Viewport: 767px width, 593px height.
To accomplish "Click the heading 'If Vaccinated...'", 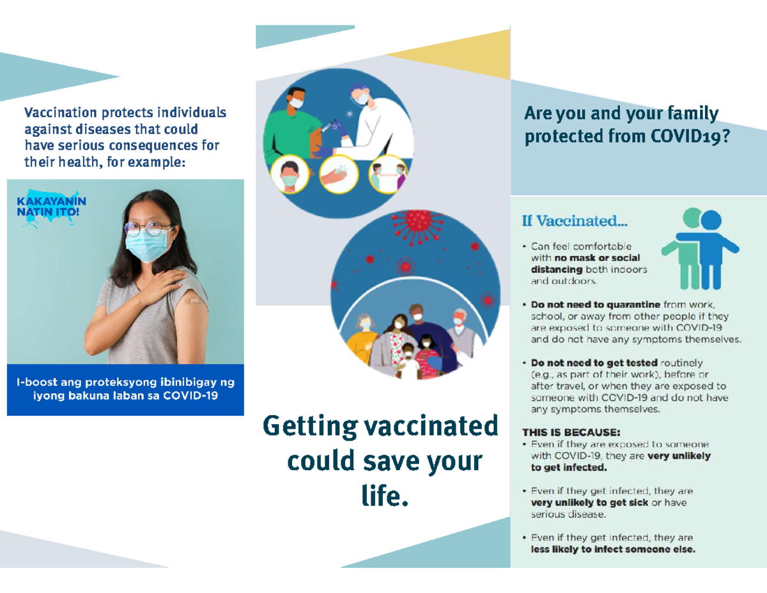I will click(x=575, y=221).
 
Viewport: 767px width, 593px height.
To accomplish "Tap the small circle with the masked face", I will click(x=290, y=175).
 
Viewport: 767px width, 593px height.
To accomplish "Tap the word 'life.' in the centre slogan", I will click(x=384, y=496).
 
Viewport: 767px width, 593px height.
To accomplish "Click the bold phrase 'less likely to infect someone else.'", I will click(x=613, y=550).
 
